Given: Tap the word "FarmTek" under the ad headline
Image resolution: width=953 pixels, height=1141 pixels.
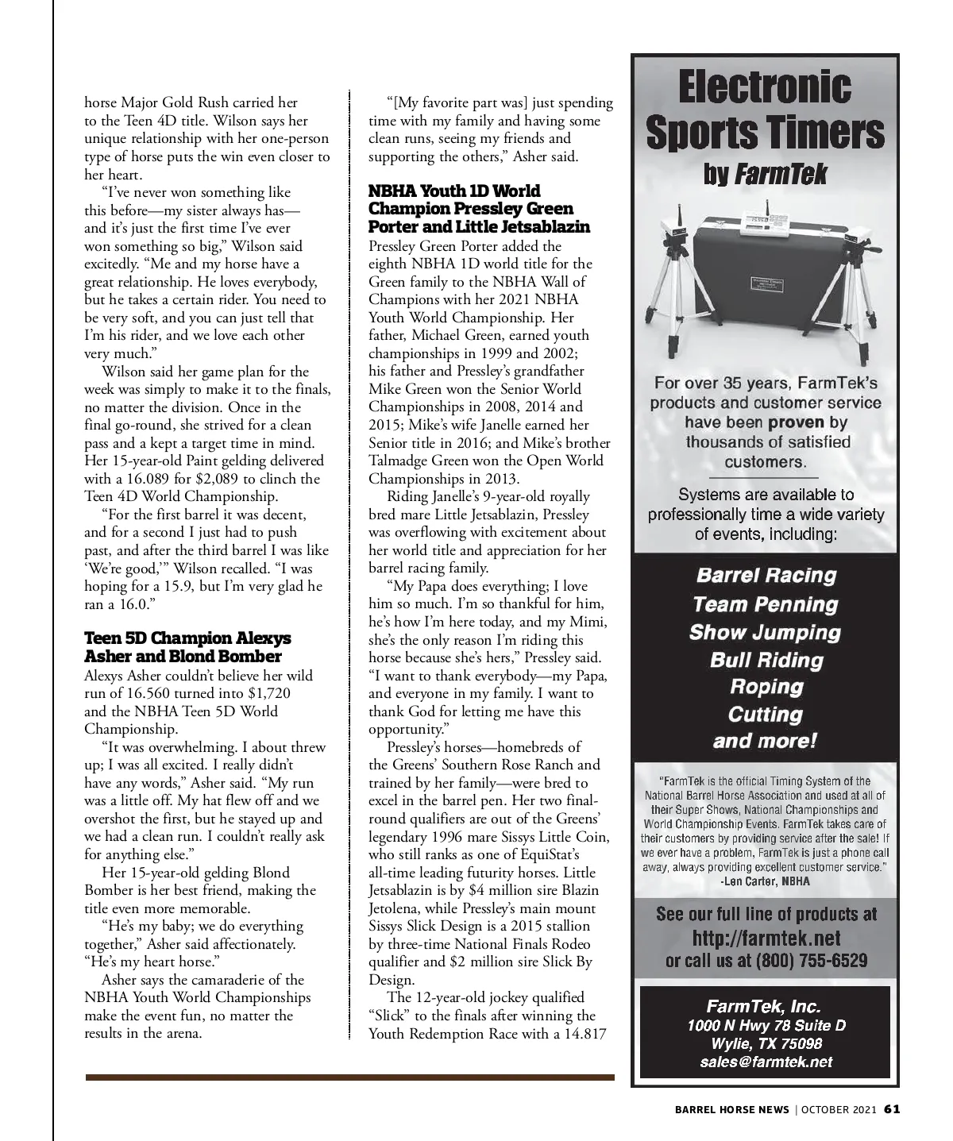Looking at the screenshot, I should tap(780, 174).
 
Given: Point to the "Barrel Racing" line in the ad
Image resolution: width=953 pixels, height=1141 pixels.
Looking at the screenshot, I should tap(766, 576).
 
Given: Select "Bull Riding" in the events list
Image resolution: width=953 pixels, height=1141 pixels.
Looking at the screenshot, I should tap(766, 660).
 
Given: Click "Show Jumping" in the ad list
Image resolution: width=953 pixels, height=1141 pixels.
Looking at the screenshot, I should tap(765, 632).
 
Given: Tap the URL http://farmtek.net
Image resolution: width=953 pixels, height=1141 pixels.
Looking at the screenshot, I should tap(766, 939).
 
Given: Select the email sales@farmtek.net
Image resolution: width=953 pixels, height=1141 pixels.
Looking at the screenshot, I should tap(766, 1062).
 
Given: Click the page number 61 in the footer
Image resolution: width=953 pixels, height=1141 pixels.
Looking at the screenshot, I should tap(891, 1109).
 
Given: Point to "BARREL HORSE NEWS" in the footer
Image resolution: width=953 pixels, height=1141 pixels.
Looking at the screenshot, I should tap(732, 1109).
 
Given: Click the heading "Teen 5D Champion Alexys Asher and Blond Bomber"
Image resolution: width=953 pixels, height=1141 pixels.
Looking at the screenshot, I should tap(187, 647).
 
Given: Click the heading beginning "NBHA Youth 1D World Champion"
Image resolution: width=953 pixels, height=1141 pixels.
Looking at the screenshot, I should tap(479, 209).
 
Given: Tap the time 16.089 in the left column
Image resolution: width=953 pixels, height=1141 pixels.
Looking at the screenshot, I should tap(183, 479).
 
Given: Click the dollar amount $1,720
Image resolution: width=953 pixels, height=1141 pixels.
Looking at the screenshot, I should tap(264, 693).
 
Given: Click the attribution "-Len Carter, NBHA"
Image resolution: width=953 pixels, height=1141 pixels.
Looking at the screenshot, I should tap(765, 881).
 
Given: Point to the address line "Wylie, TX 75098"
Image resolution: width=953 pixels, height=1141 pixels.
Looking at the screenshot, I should tap(766, 1043).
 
